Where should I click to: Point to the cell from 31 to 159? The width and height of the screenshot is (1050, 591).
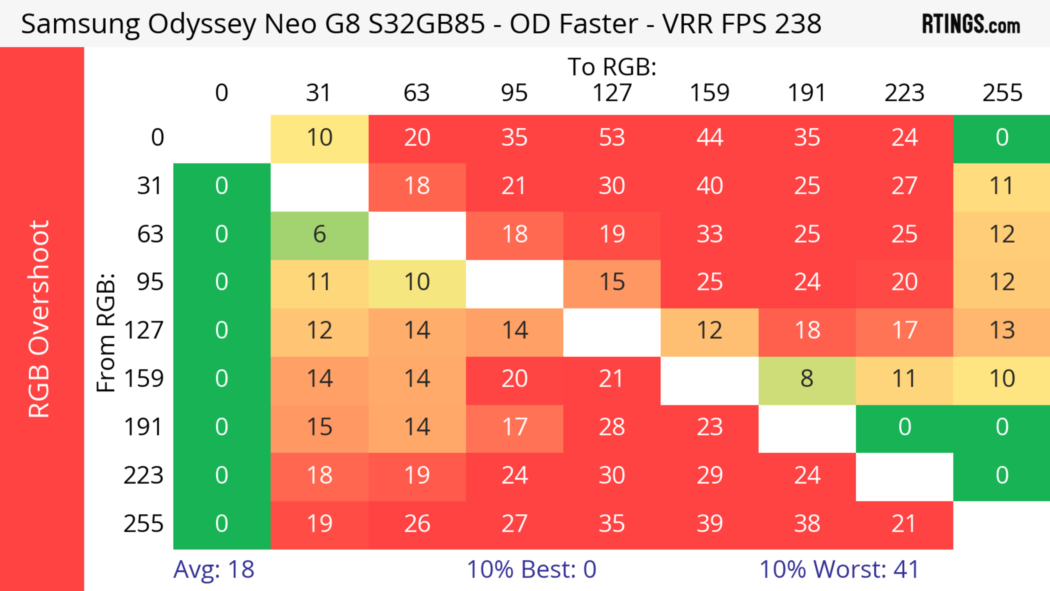point(709,186)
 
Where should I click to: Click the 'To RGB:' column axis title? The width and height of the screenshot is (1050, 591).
point(612,67)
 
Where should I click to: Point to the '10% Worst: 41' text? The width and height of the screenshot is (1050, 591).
point(839,569)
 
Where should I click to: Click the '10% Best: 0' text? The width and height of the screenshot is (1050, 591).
point(531,569)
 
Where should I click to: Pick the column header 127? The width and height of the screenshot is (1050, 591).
point(612,93)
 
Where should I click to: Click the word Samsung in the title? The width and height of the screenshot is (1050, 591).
point(80,24)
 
